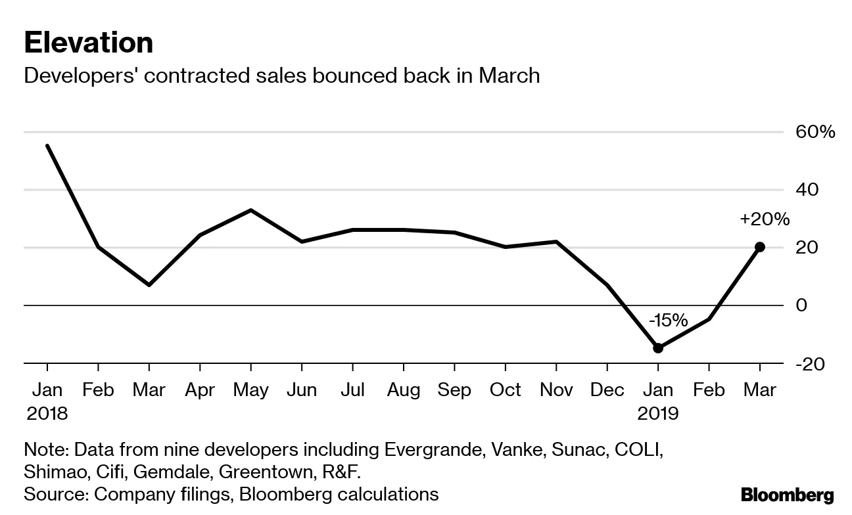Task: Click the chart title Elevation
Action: coord(88,43)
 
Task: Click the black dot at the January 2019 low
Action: coord(658,348)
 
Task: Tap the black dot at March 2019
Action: coord(760,247)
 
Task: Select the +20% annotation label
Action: coord(764,219)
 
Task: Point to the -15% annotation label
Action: coord(668,321)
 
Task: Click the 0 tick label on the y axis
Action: coord(801,305)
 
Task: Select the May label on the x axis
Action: coord(250,390)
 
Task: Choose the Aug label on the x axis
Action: coord(403,390)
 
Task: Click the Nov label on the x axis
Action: coord(556,390)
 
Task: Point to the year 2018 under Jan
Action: coord(47,413)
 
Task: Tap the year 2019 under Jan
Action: coord(658,413)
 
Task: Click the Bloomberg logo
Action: coord(787,495)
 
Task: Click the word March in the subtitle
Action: coord(509,76)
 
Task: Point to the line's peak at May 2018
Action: coord(250,210)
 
